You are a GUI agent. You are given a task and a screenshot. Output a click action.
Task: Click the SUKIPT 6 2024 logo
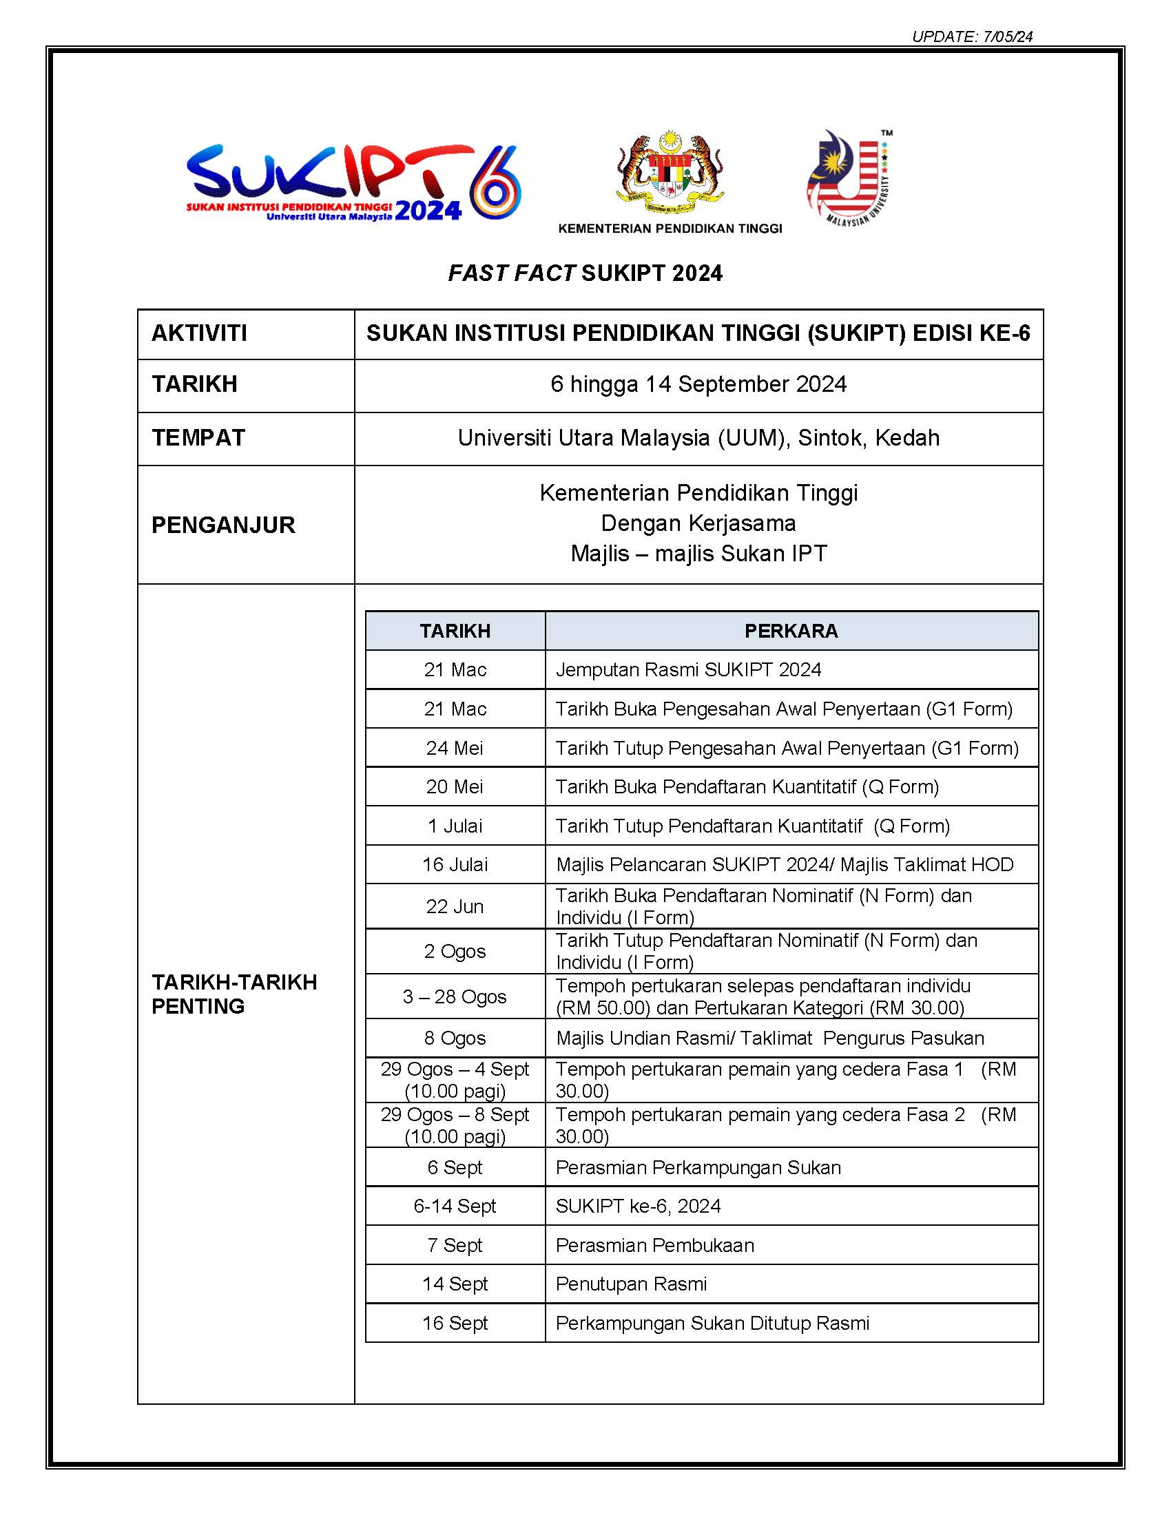[353, 182]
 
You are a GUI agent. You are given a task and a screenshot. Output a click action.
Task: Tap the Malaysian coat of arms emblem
[670, 172]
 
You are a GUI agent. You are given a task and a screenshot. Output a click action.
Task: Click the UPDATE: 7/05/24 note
[972, 36]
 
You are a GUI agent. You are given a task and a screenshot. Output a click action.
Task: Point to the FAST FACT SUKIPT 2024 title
[585, 273]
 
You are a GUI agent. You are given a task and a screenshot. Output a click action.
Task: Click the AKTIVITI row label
[199, 334]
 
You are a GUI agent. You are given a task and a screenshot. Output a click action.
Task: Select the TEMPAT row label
[198, 438]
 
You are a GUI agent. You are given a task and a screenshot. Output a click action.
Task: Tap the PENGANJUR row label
[222, 525]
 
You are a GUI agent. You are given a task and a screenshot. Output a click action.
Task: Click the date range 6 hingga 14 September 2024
[698, 384]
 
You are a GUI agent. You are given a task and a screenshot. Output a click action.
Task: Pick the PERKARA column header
[791, 631]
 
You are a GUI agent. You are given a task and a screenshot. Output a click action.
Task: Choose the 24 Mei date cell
[455, 748]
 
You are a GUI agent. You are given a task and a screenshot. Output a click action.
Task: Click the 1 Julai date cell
[455, 826]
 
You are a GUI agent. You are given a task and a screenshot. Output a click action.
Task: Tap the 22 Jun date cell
[455, 906]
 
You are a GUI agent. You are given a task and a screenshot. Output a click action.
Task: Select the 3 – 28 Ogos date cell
[455, 996]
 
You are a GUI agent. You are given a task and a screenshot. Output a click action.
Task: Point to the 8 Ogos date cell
[455, 1038]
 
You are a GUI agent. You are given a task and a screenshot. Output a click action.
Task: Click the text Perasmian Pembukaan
[654, 1245]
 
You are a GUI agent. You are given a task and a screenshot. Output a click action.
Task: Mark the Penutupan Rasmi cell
[630, 1284]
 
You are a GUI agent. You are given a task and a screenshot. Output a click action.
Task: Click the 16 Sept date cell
[455, 1323]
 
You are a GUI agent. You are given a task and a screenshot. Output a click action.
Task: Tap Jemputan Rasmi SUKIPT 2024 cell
[688, 669]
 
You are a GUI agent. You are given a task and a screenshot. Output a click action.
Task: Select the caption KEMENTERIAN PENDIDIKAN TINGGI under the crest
[670, 229]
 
